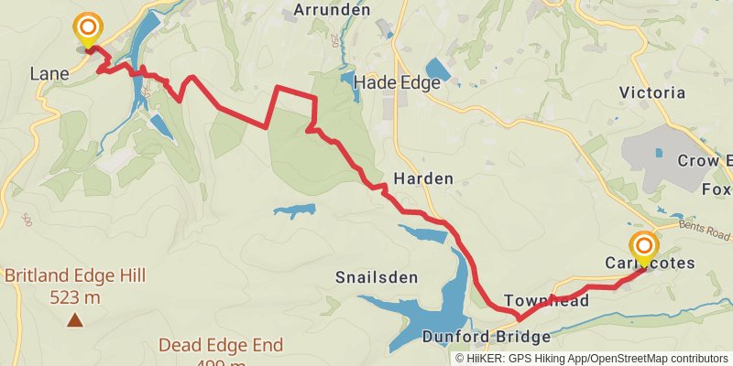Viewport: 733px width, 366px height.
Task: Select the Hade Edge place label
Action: pyautogui.click(x=398, y=82)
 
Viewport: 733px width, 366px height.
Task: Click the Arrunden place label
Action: pyautogui.click(x=332, y=11)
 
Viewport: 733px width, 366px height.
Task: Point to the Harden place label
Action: pyautogui.click(x=423, y=178)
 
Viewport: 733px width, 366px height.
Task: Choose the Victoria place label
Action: pyautogui.click(x=652, y=92)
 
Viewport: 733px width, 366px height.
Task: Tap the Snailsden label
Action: pyautogui.click(x=377, y=277)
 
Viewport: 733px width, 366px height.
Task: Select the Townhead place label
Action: pyautogui.click(x=546, y=301)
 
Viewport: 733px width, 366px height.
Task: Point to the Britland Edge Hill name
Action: pyautogui.click(x=75, y=275)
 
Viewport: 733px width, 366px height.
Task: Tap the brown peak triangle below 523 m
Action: pyautogui.click(x=74, y=320)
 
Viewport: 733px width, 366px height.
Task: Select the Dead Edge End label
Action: pyautogui.click(x=221, y=345)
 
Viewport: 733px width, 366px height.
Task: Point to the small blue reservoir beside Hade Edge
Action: pyautogui.click(x=438, y=70)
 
